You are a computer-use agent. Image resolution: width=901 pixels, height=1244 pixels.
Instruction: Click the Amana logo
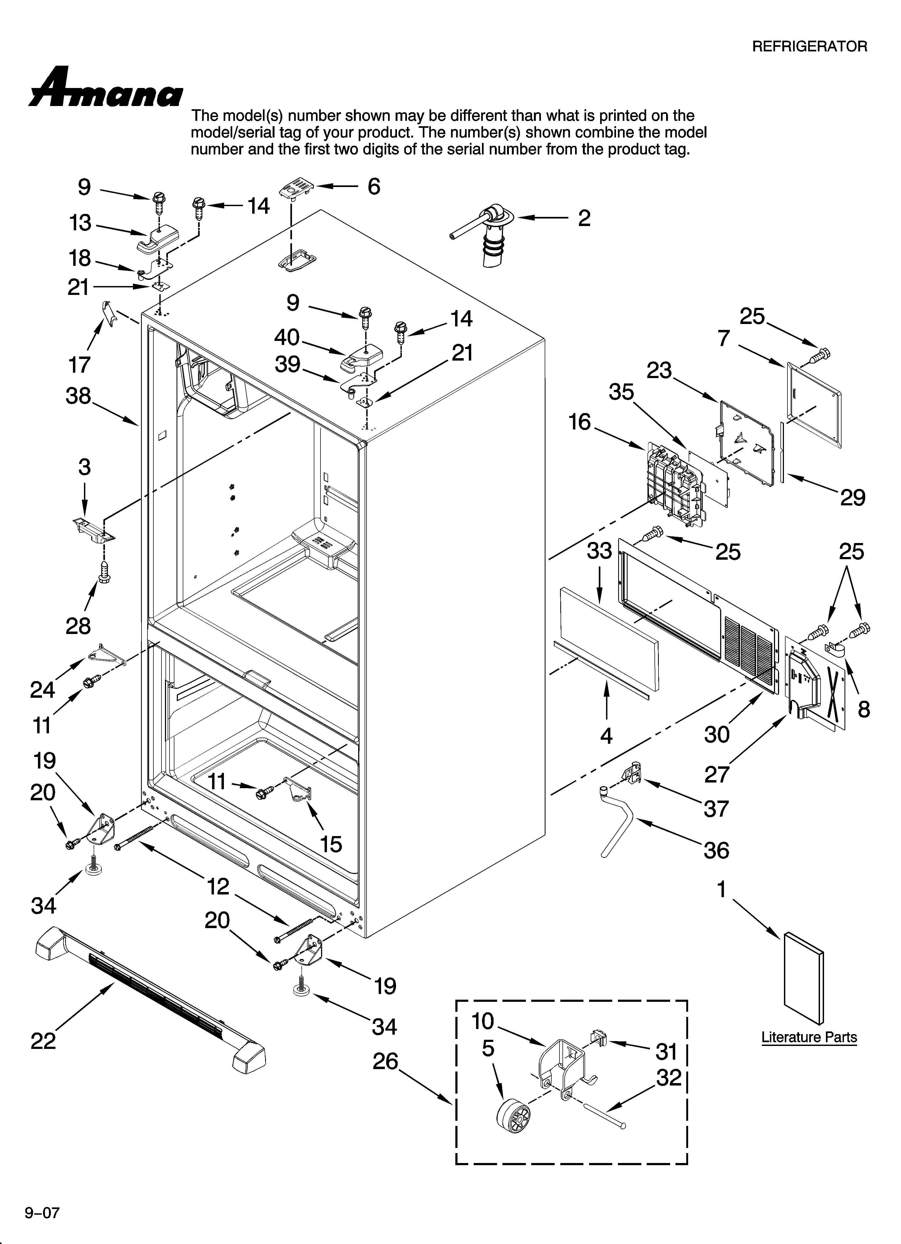(105, 88)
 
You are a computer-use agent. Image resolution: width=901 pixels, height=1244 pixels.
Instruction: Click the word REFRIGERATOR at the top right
(809, 47)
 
